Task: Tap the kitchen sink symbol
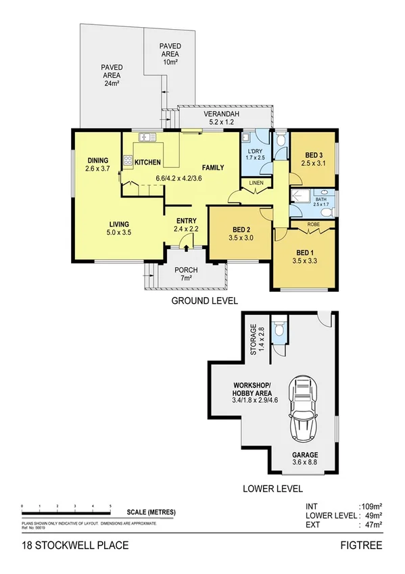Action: coord(147,138)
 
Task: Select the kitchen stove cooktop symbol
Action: coord(127,160)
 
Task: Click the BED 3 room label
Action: coord(312,155)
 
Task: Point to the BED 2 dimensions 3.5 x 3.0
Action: coord(241,238)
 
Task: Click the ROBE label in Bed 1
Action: coord(313,224)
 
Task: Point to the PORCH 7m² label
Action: coord(186,273)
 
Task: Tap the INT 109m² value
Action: coord(368,506)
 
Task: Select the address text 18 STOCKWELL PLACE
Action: coord(65,544)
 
